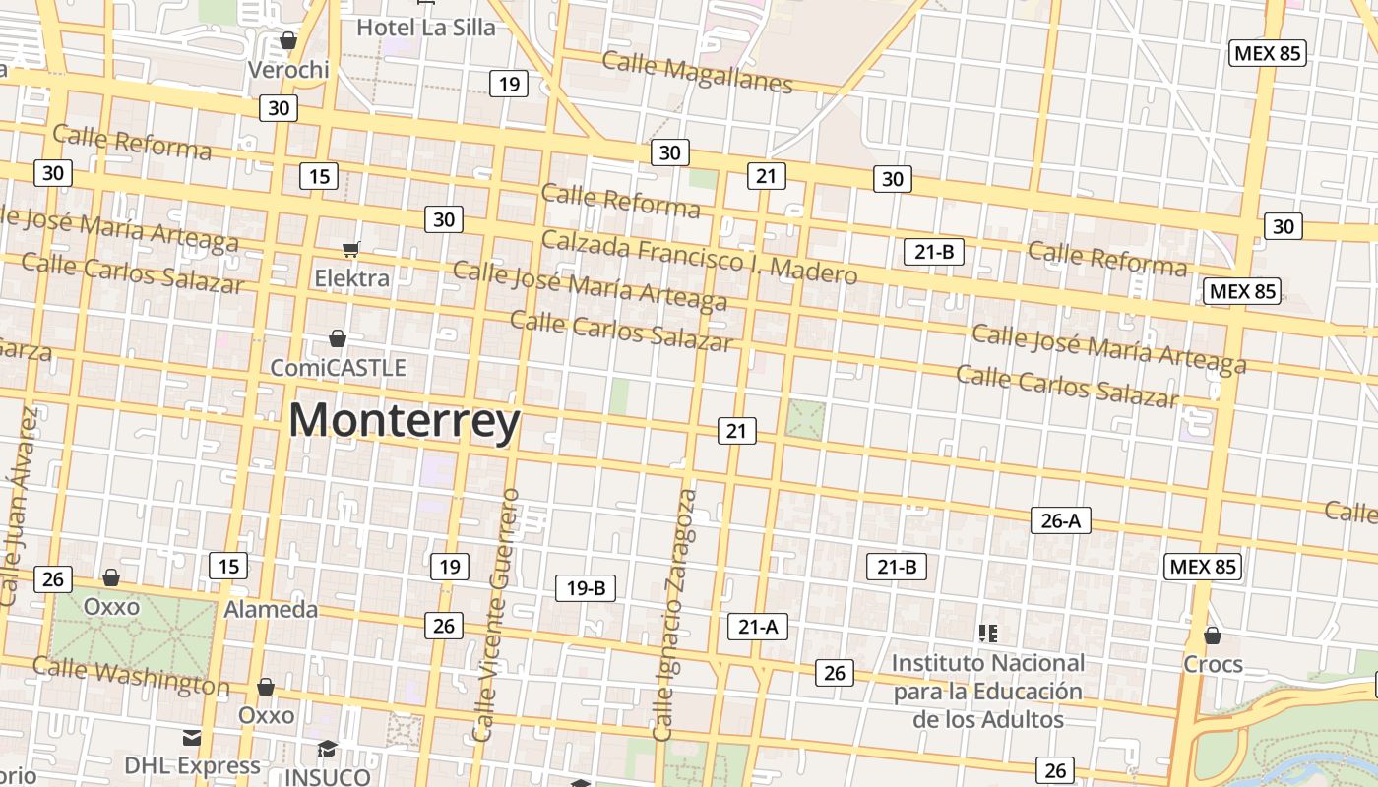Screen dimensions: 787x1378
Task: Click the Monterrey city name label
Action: pyautogui.click(x=405, y=421)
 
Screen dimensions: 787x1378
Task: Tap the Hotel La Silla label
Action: pyautogui.click(x=425, y=28)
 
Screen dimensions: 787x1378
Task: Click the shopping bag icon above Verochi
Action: pyautogui.click(x=288, y=40)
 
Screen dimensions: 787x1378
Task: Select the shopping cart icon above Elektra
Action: pyautogui.click(x=350, y=249)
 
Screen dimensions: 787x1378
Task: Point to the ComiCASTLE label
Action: pyautogui.click(x=338, y=368)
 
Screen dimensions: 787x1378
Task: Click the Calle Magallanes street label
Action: pyautogui.click(x=697, y=72)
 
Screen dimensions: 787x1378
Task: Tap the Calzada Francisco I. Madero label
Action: pyautogui.click(x=699, y=257)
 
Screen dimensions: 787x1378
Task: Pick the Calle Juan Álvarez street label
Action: pyautogui.click(x=20, y=507)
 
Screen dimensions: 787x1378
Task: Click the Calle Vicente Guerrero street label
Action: pyautogui.click(x=495, y=614)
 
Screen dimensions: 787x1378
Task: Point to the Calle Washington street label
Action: pyautogui.click(x=130, y=676)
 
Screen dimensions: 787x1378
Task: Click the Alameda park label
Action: pyautogui.click(x=271, y=609)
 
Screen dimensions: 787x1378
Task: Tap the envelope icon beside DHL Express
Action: pyautogui.click(x=192, y=738)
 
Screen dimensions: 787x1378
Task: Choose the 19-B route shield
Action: pyautogui.click(x=586, y=588)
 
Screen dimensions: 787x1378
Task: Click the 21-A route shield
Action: pyautogui.click(x=758, y=626)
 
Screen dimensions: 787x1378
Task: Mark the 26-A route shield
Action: pyautogui.click(x=1060, y=520)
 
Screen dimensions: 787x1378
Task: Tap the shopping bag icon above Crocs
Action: pyautogui.click(x=1213, y=636)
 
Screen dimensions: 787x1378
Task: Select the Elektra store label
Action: pyautogui.click(x=351, y=278)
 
